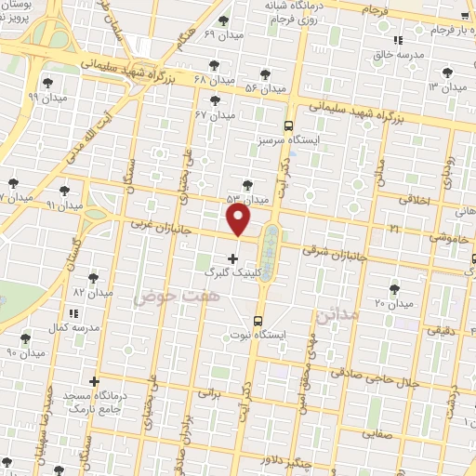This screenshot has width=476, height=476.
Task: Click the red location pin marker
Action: tap(239, 218)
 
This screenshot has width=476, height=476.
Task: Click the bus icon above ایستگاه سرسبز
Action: tap(288, 126)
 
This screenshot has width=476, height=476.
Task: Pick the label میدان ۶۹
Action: tap(222, 34)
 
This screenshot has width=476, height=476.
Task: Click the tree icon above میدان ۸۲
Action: tap(92, 277)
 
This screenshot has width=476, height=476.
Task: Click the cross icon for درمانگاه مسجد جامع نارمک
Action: tap(94, 381)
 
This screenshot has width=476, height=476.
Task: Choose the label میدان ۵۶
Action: tap(264, 88)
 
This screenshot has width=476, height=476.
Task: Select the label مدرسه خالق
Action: tap(396, 55)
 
